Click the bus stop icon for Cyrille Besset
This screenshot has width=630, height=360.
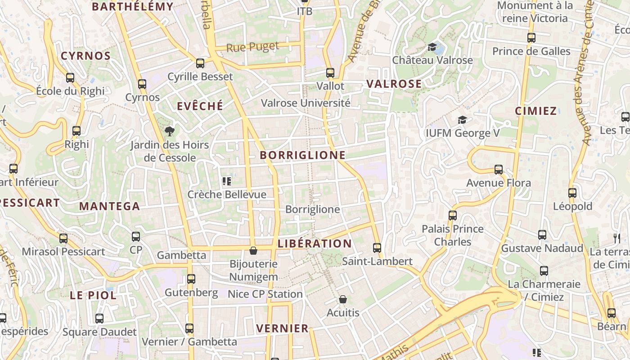click(x=200, y=63)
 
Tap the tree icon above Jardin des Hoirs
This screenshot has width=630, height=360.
click(x=170, y=131)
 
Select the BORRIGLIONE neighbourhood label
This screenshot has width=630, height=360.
click(x=303, y=155)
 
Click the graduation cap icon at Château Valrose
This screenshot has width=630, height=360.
click(x=432, y=47)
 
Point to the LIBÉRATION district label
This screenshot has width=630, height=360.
click(x=315, y=244)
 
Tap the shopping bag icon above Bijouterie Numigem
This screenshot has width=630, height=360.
click(x=253, y=251)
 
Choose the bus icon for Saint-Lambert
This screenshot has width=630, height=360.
click(x=377, y=248)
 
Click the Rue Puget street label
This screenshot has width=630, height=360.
click(x=252, y=47)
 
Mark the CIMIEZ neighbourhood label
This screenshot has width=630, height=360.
click(x=536, y=111)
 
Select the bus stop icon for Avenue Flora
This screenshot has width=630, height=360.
click(x=499, y=170)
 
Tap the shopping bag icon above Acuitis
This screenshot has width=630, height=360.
click(x=343, y=299)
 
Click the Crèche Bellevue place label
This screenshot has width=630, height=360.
click(x=227, y=194)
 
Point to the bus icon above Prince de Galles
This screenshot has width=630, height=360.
click(x=531, y=38)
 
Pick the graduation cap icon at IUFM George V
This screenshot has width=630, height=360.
click(x=462, y=120)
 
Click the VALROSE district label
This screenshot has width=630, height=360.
click(x=394, y=84)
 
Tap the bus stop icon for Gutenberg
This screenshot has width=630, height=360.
click(x=191, y=279)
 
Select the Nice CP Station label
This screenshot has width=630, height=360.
click(x=265, y=294)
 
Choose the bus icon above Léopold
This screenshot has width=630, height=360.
click(x=572, y=193)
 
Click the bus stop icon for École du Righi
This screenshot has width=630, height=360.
click(x=70, y=78)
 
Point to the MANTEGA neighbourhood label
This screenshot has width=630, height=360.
click(x=109, y=206)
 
